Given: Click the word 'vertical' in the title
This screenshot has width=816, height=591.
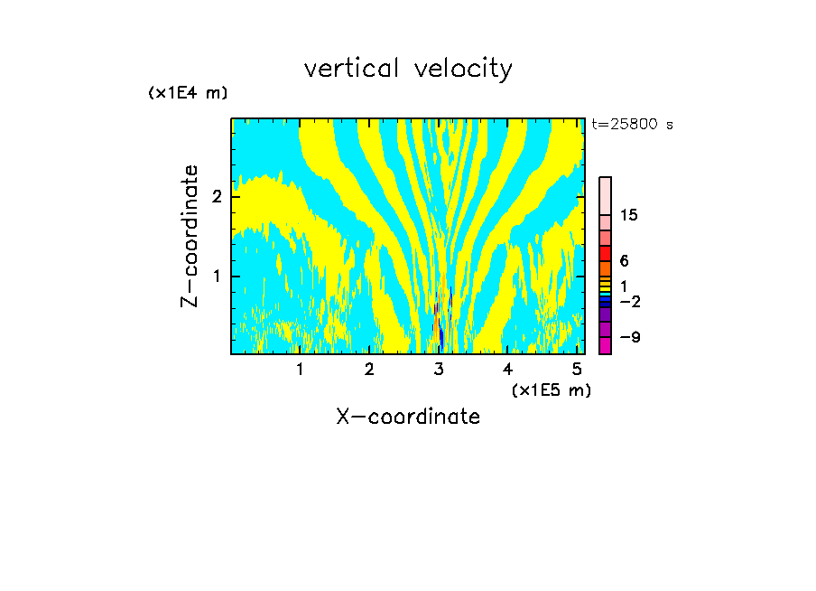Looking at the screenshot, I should (352, 69).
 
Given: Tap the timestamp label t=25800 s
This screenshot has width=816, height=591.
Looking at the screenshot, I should (632, 125).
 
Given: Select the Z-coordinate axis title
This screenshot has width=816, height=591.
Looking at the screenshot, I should (190, 236).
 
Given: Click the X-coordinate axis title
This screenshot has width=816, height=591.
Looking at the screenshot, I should (408, 417).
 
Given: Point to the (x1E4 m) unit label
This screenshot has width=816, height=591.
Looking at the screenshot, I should (188, 93).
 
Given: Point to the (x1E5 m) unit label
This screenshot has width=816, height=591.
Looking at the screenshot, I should (551, 389).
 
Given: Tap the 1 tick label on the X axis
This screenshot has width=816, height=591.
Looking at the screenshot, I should (300, 370).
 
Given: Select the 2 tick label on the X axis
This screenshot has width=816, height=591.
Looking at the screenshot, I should (369, 370).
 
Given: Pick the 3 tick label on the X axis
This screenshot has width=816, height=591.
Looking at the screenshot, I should (439, 370).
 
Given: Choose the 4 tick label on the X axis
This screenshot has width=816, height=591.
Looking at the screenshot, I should (508, 370).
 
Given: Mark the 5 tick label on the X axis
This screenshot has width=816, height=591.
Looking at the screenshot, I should (578, 370).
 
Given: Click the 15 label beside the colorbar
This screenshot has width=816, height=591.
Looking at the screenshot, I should (629, 215).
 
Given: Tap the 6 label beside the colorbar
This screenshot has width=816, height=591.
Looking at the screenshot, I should (624, 261).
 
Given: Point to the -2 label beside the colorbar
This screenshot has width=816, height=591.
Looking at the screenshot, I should (629, 301).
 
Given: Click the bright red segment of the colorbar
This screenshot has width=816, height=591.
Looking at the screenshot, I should (605, 253).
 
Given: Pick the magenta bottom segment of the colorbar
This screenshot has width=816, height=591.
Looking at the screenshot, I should (605, 345).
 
